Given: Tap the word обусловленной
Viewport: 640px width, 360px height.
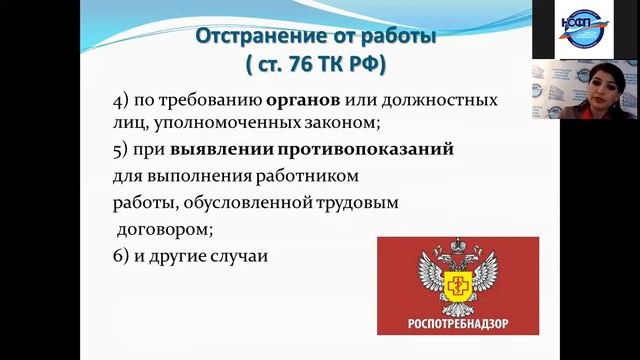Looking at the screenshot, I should [238, 203].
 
